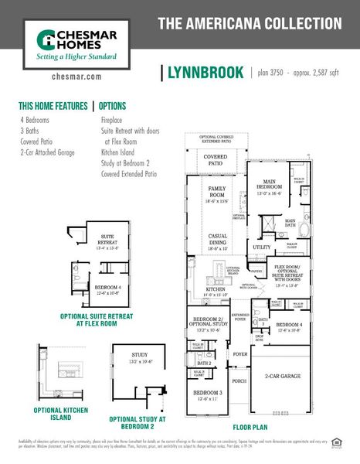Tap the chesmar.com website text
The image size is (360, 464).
point(75,77)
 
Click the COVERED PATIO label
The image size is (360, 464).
point(216,159)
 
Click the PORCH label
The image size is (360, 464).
point(239,380)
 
